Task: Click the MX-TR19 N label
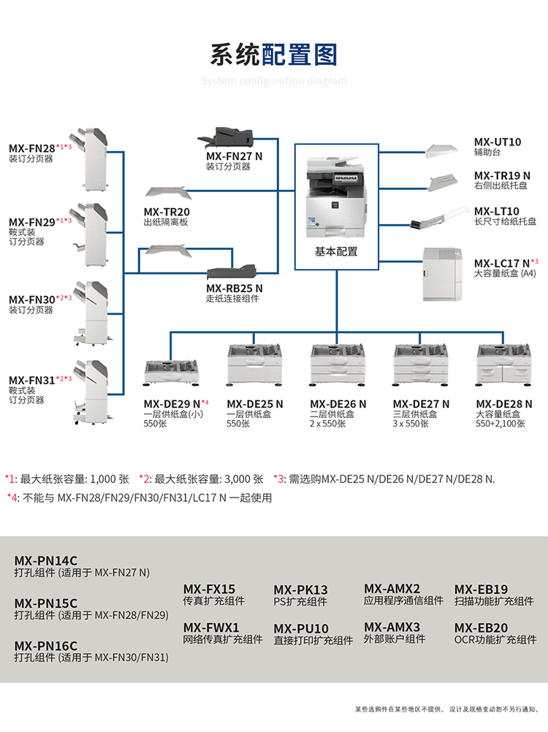click(502, 175)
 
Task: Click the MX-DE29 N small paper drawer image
click(173, 370)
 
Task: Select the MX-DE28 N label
click(504, 404)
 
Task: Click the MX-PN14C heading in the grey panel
click(45, 560)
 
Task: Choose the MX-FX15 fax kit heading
click(209, 589)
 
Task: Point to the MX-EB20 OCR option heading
click(481, 628)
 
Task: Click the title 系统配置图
click(274, 55)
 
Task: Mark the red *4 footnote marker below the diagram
click(10, 498)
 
